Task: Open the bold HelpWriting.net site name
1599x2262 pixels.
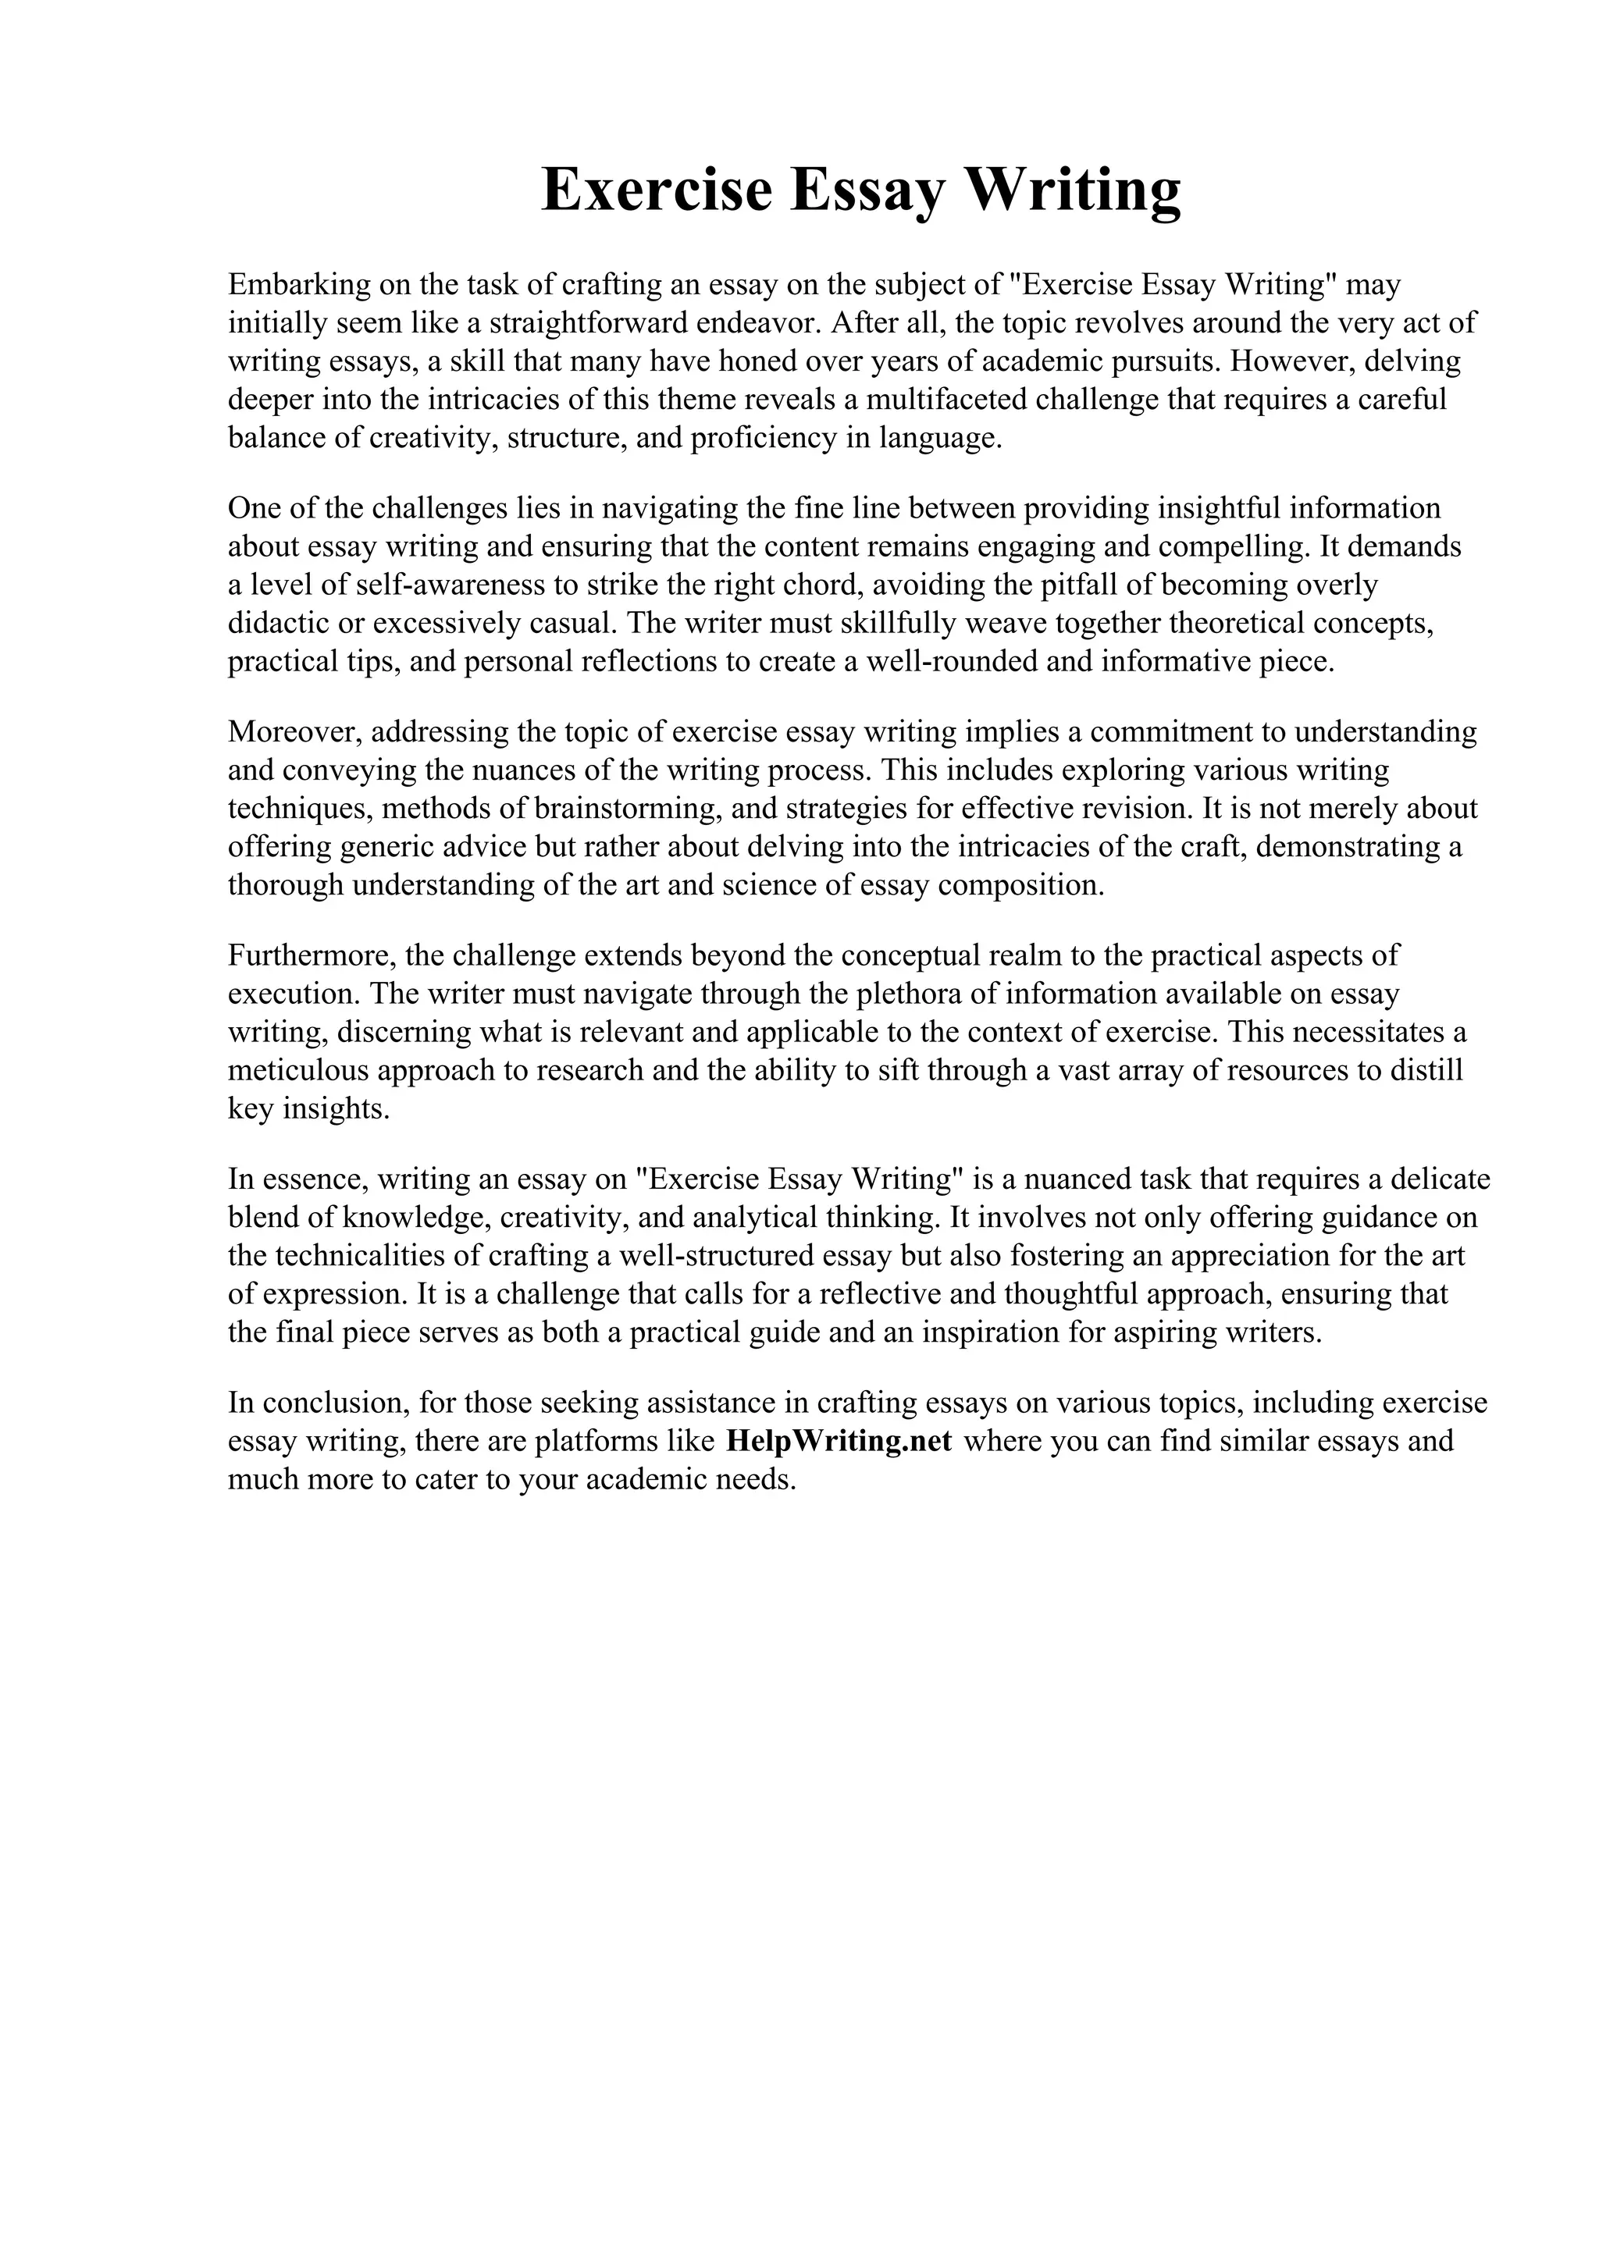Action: (839, 1442)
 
